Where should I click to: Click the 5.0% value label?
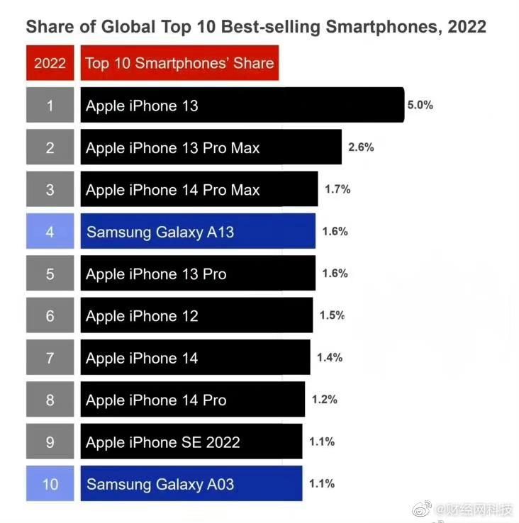pos(420,105)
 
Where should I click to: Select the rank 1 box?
pos(50,106)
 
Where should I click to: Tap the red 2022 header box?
pos(50,63)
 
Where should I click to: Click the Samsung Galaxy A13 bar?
pos(198,232)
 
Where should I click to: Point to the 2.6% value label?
pos(361,147)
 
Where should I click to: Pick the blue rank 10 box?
pos(50,485)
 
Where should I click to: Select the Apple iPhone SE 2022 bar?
pos(191,442)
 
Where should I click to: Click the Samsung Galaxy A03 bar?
pos(191,485)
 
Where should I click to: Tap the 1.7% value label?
pos(337,189)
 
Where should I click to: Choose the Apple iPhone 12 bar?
pos(196,316)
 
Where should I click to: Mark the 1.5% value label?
pos(332,315)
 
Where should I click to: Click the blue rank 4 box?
pos(50,232)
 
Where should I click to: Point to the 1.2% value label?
pos(324,400)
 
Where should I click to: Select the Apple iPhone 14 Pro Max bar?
pos(199,190)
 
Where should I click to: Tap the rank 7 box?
pos(50,358)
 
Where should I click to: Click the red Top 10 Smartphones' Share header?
pos(179,63)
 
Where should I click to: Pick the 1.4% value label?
pos(330,358)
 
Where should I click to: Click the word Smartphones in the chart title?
pos(378,27)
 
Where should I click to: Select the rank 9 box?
pos(50,442)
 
